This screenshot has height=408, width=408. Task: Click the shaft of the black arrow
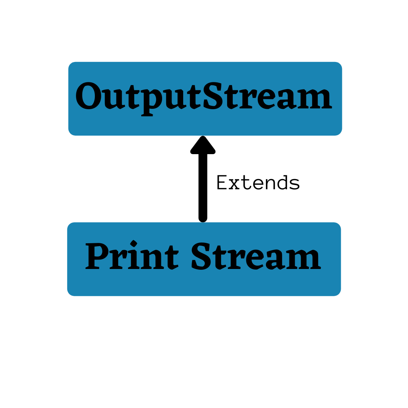coord(203,185)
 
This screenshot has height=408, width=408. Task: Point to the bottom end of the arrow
coord(203,218)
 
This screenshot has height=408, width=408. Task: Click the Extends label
coord(258,183)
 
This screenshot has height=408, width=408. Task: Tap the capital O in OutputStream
coord(88,97)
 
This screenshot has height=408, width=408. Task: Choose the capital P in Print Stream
coord(96,256)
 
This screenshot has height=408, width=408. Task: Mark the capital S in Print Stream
coord(201,256)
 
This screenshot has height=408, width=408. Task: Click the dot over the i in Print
coord(133,243)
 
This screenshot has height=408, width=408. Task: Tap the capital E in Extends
coord(222,183)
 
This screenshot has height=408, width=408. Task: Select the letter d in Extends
coord(283,183)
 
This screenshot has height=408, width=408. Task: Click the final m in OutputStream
coord(314,100)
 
